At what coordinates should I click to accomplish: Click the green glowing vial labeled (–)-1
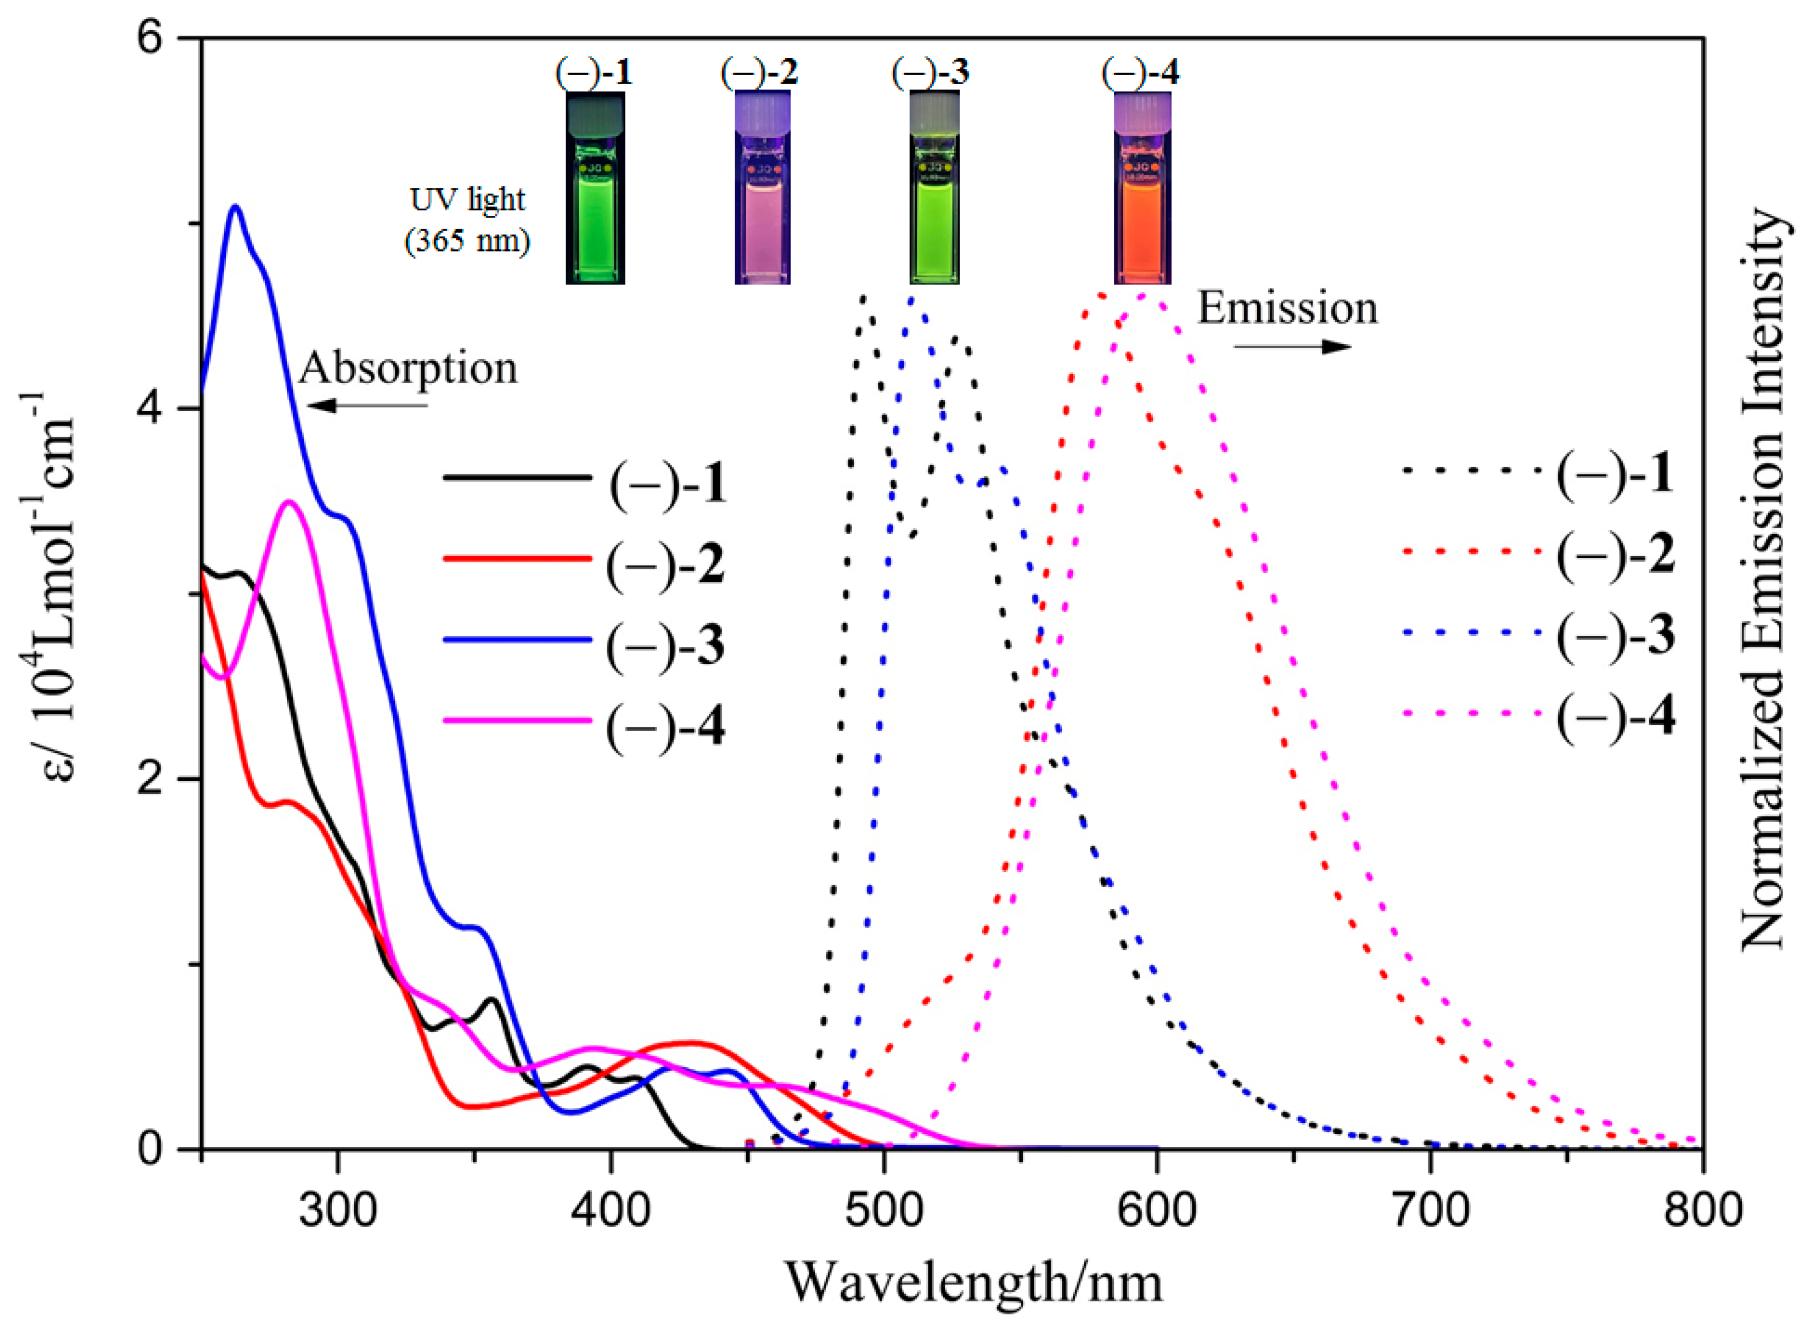[595, 189]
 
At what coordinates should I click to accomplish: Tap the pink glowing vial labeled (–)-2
[762, 189]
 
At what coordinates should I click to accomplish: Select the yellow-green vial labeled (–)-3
[934, 189]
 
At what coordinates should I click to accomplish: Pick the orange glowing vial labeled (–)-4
[1142, 189]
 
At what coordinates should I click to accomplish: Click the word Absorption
[408, 369]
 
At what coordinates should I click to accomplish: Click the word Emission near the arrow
[1287, 309]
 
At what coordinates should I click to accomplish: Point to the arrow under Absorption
[367, 405]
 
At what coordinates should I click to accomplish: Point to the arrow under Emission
[1292, 347]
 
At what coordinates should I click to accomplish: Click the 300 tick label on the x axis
[337, 1210]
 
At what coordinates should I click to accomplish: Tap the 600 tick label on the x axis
[1157, 1210]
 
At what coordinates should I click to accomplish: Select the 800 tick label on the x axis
[1701, 1210]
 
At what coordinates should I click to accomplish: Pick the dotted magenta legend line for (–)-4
[1472, 712]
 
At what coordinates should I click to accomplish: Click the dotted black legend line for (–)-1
[1472, 469]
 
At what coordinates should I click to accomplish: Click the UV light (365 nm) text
[467, 219]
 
